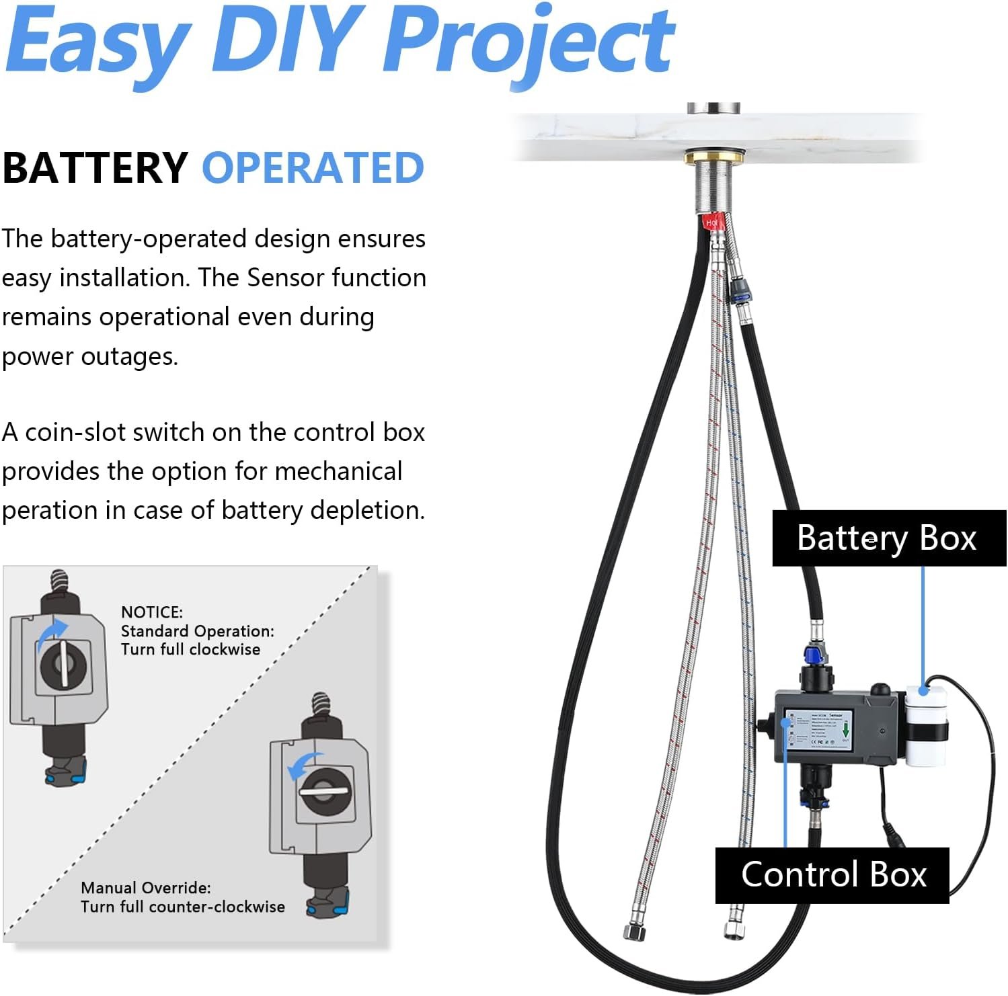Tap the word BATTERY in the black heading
[x=95, y=168]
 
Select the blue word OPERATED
[x=313, y=168]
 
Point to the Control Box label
[x=833, y=875]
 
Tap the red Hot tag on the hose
[x=711, y=222]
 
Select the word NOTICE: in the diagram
[x=152, y=612]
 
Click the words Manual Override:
[x=146, y=888]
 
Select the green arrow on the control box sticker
[x=845, y=730]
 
